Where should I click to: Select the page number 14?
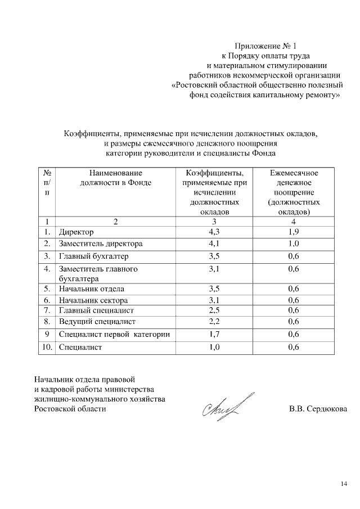344,483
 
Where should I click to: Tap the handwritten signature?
222,407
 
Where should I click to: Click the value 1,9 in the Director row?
293,232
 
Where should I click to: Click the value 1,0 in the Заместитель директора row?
293,244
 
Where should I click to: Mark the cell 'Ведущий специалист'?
97,321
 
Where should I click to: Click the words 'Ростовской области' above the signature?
70,409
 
